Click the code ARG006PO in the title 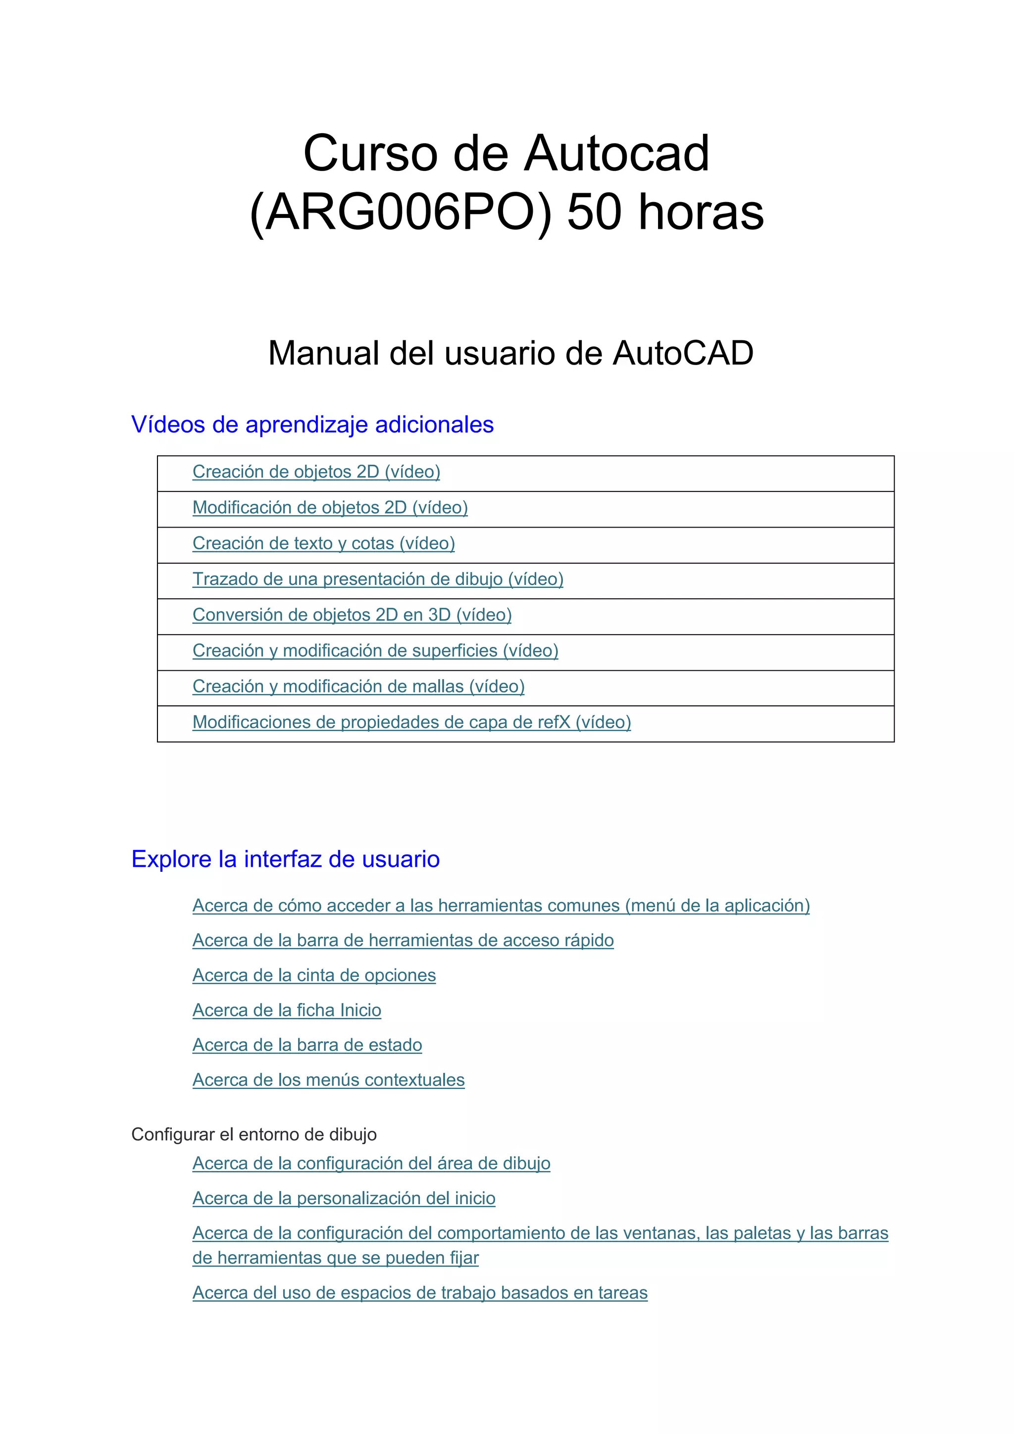[400, 212]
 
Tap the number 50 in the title [594, 212]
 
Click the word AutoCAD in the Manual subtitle [683, 354]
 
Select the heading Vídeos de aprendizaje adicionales [312, 425]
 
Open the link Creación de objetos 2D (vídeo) [316, 472]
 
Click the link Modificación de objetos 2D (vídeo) [330, 508]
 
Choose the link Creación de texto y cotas [323, 543]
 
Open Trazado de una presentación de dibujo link [378, 580]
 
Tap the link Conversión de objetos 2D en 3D [352, 615]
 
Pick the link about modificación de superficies [375, 651]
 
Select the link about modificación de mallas [358, 687]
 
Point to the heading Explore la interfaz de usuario [285, 859]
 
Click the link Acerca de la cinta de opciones [314, 976]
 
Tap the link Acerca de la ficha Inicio [287, 1010]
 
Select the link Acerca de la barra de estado [307, 1046]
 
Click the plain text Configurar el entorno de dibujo [253, 1135]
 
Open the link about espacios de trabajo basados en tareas [419, 1293]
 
